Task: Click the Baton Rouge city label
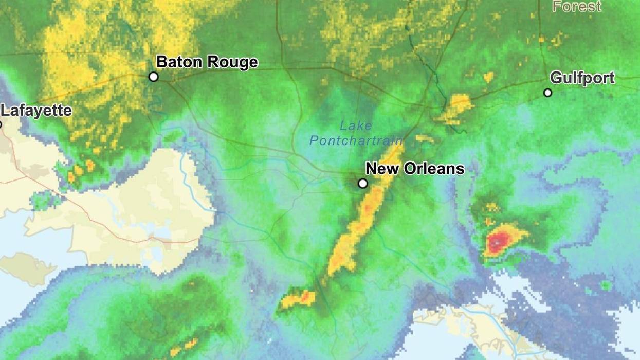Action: click(x=207, y=62)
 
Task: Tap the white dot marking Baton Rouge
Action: click(x=153, y=77)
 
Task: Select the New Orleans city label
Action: click(x=415, y=168)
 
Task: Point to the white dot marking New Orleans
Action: click(x=363, y=183)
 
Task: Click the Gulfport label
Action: click(x=582, y=78)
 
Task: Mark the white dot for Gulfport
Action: click(x=547, y=93)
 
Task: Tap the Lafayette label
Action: click(x=36, y=111)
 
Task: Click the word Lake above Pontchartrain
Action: click(x=356, y=125)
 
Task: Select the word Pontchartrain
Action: click(x=356, y=140)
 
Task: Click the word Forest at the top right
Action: click(x=576, y=7)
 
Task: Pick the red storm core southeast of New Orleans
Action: click(x=496, y=241)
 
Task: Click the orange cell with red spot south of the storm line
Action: click(x=299, y=298)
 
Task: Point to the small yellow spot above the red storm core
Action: click(x=492, y=207)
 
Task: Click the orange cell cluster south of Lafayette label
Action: click(x=80, y=170)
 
